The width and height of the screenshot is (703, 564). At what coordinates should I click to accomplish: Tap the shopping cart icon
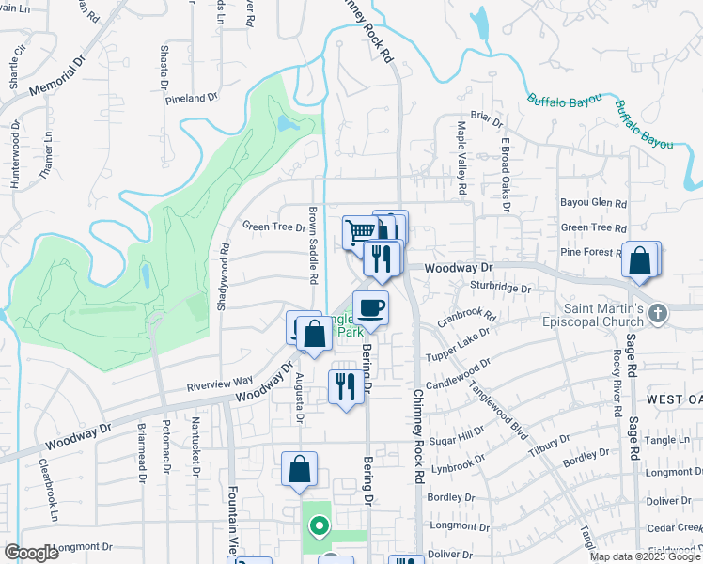click(x=359, y=230)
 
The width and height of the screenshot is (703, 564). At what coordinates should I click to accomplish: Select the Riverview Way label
click(x=220, y=382)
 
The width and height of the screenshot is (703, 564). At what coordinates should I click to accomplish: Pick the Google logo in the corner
click(x=31, y=552)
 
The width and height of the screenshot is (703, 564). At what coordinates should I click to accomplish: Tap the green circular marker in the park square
click(x=320, y=526)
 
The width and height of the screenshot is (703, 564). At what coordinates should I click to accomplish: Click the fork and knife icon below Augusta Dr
click(x=345, y=385)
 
